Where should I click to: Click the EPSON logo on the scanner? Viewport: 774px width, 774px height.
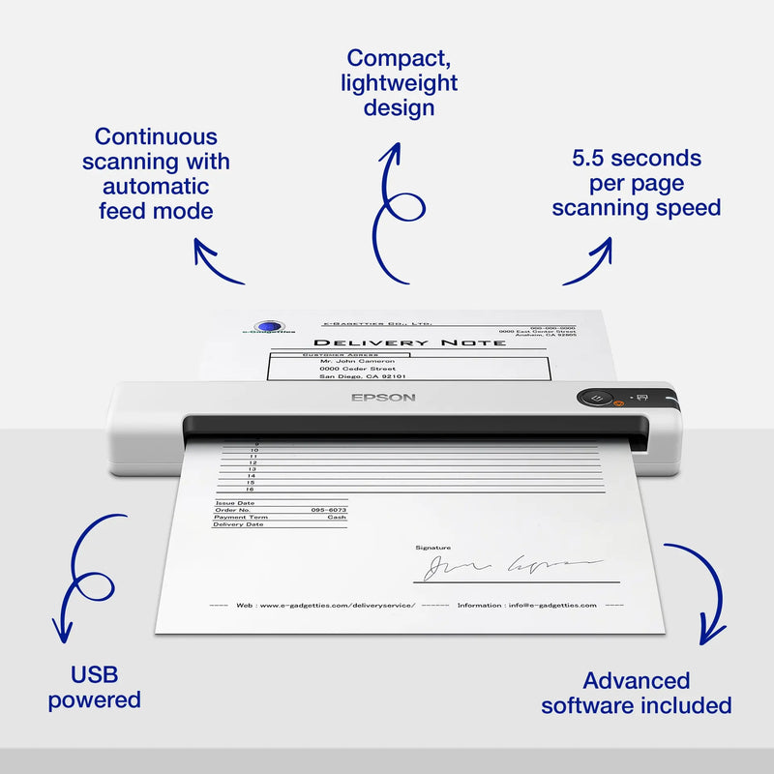pyautogui.click(x=383, y=397)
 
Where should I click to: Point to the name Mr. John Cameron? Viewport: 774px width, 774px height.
pyautogui.click(x=357, y=360)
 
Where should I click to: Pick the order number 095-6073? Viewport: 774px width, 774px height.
pyautogui.click(x=329, y=509)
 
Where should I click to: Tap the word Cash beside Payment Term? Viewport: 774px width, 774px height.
pyautogui.click(x=337, y=517)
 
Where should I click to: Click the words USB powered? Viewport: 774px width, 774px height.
pyautogui.click(x=94, y=687)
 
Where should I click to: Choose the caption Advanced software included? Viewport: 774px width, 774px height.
pyautogui.click(x=636, y=693)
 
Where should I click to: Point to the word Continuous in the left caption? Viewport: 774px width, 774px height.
pyautogui.click(x=156, y=136)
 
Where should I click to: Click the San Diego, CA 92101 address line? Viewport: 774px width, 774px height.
pyautogui.click(x=362, y=376)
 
